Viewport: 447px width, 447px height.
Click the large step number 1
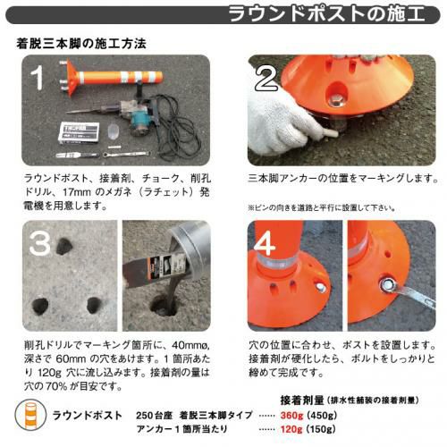tap(38, 78)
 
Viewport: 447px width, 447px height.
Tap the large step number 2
tap(266, 79)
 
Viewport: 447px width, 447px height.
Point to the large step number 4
tap(264, 243)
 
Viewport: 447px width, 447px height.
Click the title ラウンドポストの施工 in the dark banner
tap(327, 14)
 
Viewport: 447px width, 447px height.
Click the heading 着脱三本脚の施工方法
tap(81, 44)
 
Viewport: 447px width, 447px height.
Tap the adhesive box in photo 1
tap(79, 133)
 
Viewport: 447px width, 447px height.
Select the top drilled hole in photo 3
tap(64, 247)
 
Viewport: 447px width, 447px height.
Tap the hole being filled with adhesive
tap(164, 305)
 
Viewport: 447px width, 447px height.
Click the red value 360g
tap(291, 415)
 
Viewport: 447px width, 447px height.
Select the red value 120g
tap(291, 429)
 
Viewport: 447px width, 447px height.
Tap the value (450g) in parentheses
tap(322, 415)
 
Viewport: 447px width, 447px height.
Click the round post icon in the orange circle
tap(30, 415)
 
